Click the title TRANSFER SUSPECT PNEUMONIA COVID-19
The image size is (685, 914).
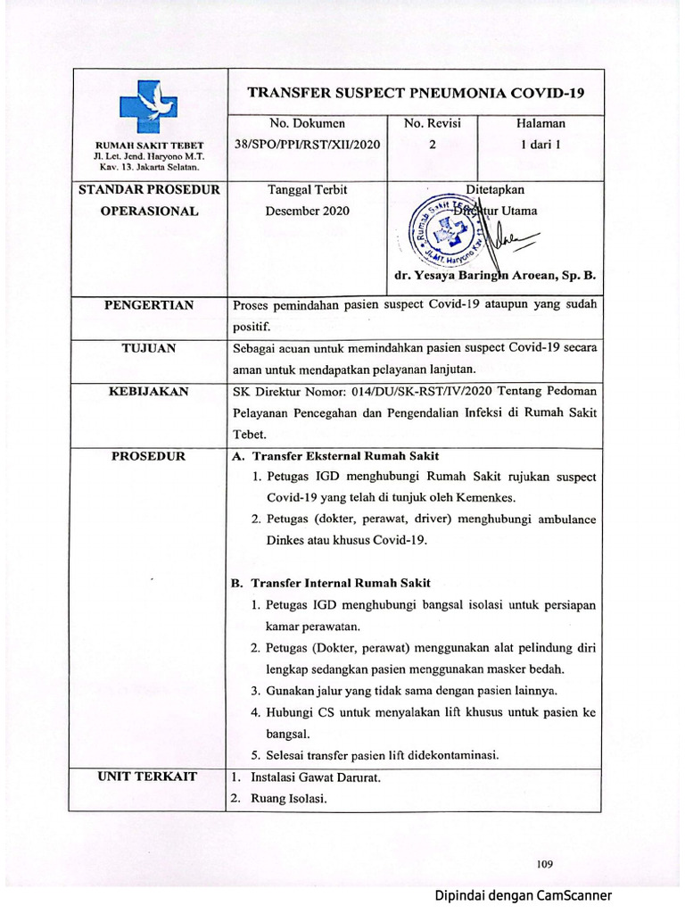(415, 93)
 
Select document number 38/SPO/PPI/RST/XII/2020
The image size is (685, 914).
(307, 144)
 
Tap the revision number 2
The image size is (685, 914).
(432, 144)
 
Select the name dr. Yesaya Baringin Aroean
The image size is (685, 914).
(494, 276)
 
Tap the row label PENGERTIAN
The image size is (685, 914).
(149, 305)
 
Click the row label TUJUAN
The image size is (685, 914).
(149, 348)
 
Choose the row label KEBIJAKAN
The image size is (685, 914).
(149, 391)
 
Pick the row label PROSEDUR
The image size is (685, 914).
(149, 456)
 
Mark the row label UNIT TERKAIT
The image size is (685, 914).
(149, 776)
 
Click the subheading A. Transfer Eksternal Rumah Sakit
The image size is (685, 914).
(334, 456)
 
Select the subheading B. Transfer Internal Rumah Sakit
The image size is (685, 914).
(330, 583)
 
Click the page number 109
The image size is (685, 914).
(546, 863)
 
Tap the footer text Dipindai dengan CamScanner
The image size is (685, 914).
(523, 895)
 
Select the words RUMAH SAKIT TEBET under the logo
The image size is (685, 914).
(149, 145)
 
